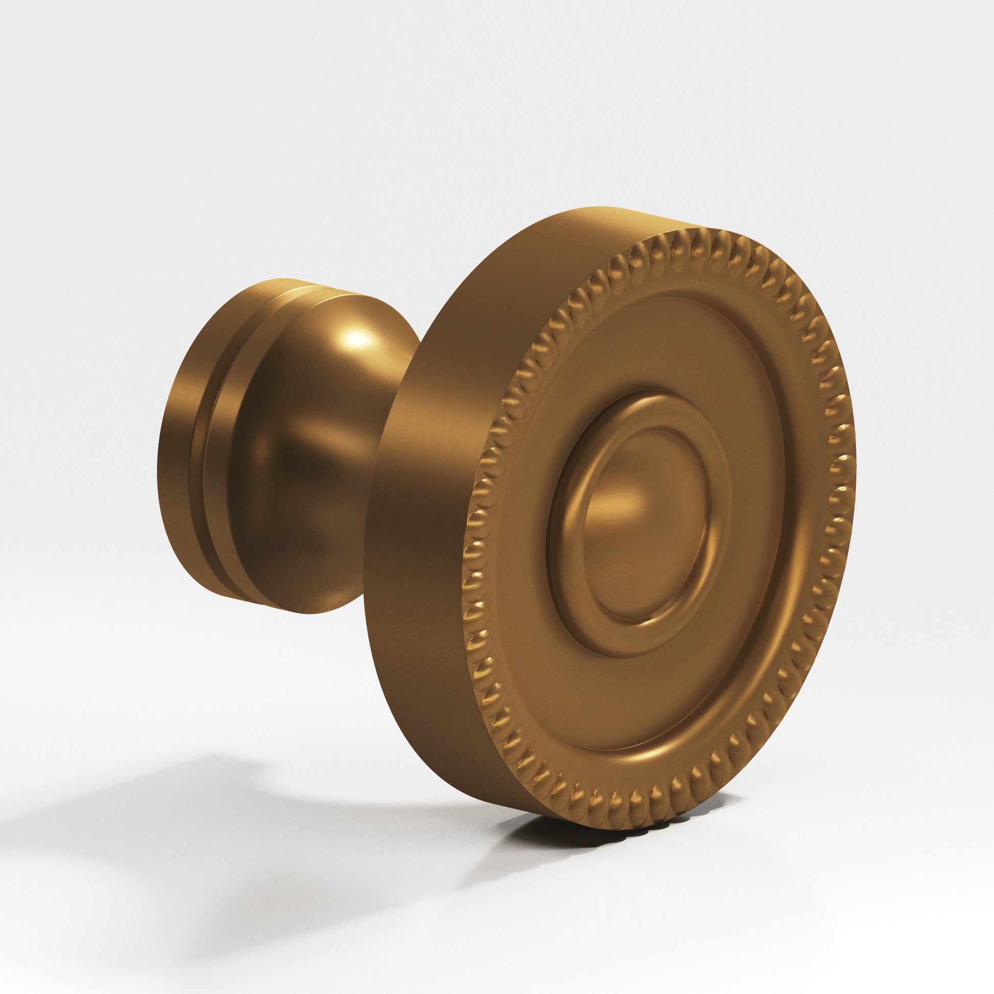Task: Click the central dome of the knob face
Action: (646, 525)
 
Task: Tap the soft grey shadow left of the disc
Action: (206, 802)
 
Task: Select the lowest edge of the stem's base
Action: (309, 613)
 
